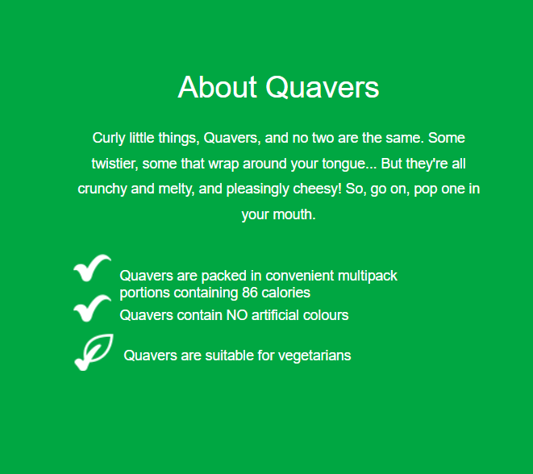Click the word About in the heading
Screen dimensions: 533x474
[x=217, y=87]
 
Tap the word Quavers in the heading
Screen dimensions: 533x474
[x=323, y=87]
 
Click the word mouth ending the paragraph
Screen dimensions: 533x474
[x=294, y=214]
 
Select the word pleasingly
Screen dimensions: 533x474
[x=258, y=189]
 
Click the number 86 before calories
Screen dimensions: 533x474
[x=249, y=293]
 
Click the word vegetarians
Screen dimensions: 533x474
[x=314, y=356]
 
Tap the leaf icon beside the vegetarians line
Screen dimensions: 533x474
[x=94, y=352]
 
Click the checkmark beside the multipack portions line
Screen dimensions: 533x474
[x=92, y=268]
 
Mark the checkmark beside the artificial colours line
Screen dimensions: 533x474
[x=92, y=308]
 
